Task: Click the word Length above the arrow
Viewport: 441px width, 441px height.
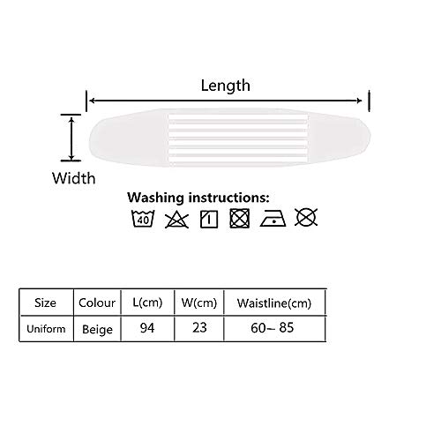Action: point(226,86)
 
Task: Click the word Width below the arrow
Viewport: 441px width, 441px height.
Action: point(74,178)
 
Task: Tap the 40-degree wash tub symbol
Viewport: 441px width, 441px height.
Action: point(143,219)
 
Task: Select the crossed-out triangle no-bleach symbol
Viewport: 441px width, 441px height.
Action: point(176,220)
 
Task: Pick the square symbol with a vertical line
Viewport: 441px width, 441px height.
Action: point(209,219)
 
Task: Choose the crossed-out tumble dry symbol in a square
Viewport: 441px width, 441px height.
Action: point(240,219)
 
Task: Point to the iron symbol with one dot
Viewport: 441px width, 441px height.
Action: point(273,219)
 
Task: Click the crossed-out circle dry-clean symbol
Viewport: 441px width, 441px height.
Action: point(306,218)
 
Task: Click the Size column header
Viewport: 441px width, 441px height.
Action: point(45,303)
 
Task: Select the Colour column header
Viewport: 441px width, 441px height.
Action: point(97,303)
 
